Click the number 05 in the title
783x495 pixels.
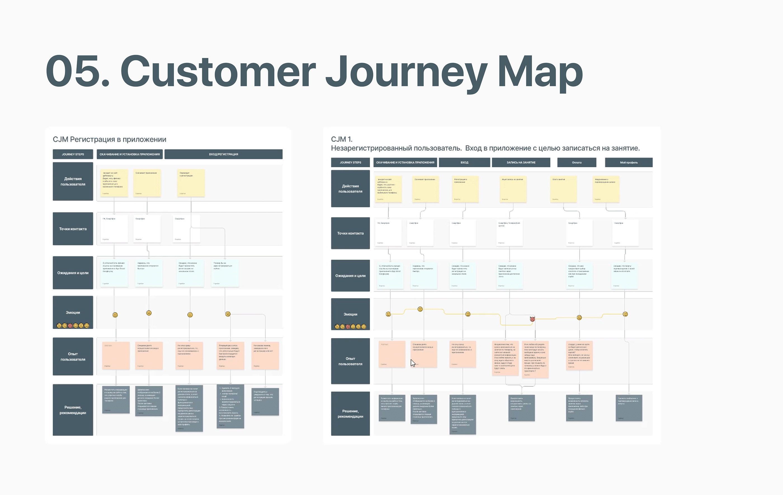[x=73, y=72]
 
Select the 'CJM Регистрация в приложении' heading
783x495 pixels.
[x=109, y=139]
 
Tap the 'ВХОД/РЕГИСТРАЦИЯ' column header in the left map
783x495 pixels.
[x=223, y=154]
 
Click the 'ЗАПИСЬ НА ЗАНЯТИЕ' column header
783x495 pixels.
[x=521, y=162]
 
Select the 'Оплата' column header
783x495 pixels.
[x=577, y=162]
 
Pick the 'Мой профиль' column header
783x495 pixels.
[x=629, y=162]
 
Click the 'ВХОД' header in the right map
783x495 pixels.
[x=464, y=162]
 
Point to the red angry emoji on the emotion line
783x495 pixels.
[x=532, y=319]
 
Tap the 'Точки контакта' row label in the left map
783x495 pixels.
[x=73, y=229]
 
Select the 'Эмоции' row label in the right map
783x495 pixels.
[x=350, y=314]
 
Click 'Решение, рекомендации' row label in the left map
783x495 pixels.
[x=73, y=410]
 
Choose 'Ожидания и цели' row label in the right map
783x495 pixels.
[x=350, y=276]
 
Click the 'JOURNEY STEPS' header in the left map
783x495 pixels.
[x=73, y=154]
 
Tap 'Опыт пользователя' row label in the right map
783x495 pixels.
[x=350, y=361]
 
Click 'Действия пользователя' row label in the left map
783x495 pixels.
[x=73, y=181]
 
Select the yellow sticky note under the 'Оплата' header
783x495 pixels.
[x=563, y=189]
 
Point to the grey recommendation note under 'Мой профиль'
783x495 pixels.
[x=629, y=408]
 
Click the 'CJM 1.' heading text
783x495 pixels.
[x=341, y=139]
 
